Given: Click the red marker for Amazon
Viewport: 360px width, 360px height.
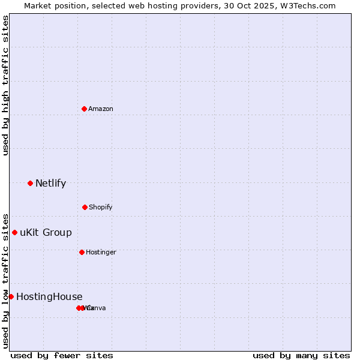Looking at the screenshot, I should (x=85, y=109).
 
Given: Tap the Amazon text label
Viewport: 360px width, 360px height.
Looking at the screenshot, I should (x=101, y=109).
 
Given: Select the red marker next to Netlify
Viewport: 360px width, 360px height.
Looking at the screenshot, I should (x=30, y=183).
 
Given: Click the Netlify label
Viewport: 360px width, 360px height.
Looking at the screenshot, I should (x=50, y=184).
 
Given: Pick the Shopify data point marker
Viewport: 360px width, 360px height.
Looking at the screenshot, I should (x=85, y=207).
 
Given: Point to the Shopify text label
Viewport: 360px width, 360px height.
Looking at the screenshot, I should (x=101, y=208).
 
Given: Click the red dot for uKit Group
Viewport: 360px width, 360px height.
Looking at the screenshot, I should (x=14, y=232).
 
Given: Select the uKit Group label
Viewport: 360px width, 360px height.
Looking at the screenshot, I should (x=46, y=233).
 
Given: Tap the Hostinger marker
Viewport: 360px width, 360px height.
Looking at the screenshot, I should (x=82, y=252).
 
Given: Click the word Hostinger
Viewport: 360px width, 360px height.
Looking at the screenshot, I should (x=101, y=253).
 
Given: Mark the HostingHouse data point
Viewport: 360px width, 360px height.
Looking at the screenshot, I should (x=11, y=296).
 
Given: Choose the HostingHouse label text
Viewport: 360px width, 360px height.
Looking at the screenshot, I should (x=49, y=297).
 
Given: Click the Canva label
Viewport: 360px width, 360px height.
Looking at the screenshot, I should (x=97, y=308).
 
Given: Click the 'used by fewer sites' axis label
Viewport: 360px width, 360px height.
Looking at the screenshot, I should (x=62, y=356).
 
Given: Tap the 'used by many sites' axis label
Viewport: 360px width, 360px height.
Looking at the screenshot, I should (x=301, y=356).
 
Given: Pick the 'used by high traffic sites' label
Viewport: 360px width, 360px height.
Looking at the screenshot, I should (x=5, y=85).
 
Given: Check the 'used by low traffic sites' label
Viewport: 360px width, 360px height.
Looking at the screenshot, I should (x=5, y=281).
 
